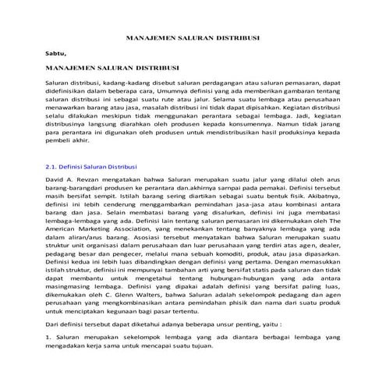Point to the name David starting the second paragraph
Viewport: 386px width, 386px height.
[57, 181]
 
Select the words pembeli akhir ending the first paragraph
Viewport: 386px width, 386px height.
[69, 141]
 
